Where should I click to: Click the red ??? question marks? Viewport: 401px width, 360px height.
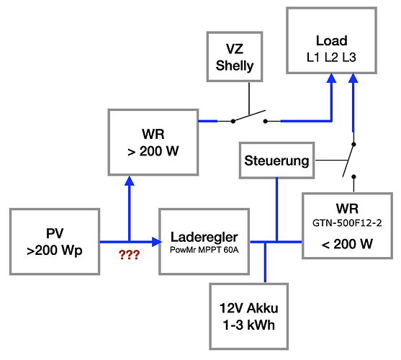pos(129,255)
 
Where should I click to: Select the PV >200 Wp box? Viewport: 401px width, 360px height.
pos(55,242)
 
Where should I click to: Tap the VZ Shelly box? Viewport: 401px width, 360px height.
pos(235,57)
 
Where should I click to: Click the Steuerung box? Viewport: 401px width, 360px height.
pos(276,161)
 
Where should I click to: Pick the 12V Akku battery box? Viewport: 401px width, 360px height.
pos(249,316)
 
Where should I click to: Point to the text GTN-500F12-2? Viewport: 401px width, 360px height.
pos(347,223)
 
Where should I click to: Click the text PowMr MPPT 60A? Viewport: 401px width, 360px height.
pos(204,250)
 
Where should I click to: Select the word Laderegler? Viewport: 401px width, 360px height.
pos(204,237)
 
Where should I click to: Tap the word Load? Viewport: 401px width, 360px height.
pos(332,40)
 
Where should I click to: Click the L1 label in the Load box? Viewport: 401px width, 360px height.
pos(313,58)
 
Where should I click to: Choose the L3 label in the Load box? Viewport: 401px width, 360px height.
pos(349,58)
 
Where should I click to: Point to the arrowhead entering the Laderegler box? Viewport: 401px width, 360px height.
pos(156,242)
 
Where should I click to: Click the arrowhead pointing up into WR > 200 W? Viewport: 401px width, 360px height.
pos(129,181)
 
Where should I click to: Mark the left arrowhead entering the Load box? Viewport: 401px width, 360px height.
pos(331,78)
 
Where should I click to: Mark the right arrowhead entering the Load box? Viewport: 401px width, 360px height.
pos(353,78)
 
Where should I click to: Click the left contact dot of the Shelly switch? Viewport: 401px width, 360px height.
pos(233,121)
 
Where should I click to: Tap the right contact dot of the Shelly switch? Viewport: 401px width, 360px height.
pos(266,121)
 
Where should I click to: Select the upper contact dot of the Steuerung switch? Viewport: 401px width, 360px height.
pos(353,145)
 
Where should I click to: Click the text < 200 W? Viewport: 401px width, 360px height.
pos(347,244)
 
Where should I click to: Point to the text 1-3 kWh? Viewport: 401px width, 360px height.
pos(249,325)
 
